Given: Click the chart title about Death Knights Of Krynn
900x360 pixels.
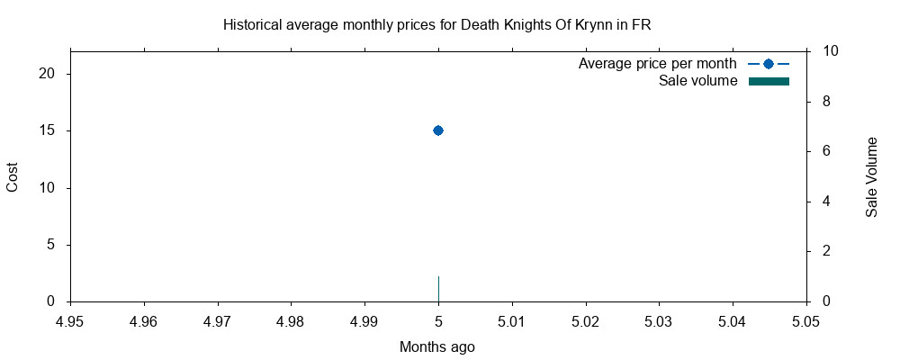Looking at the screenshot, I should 436,24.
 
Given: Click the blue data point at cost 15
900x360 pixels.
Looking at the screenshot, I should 438,130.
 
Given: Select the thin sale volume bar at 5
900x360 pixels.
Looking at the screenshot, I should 438,289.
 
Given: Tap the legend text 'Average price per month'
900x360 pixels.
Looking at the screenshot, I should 658,64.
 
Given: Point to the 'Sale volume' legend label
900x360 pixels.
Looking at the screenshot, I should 698,81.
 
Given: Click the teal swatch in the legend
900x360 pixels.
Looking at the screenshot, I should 769,81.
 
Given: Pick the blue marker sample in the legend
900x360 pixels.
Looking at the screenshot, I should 769,64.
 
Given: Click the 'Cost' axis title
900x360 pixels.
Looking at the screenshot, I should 13,176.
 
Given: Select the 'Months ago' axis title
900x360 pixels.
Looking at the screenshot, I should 437,346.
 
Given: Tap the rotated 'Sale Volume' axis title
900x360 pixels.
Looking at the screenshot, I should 871,176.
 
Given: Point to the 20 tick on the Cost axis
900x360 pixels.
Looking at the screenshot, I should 50,74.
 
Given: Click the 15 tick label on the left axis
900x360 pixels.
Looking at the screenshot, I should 50,130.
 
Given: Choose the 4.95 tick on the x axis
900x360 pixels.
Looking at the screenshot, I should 70,319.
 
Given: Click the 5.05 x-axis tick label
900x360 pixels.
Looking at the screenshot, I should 805,319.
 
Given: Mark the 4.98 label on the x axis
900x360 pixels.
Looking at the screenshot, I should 291,319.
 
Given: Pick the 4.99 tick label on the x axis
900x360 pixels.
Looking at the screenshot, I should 364,319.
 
